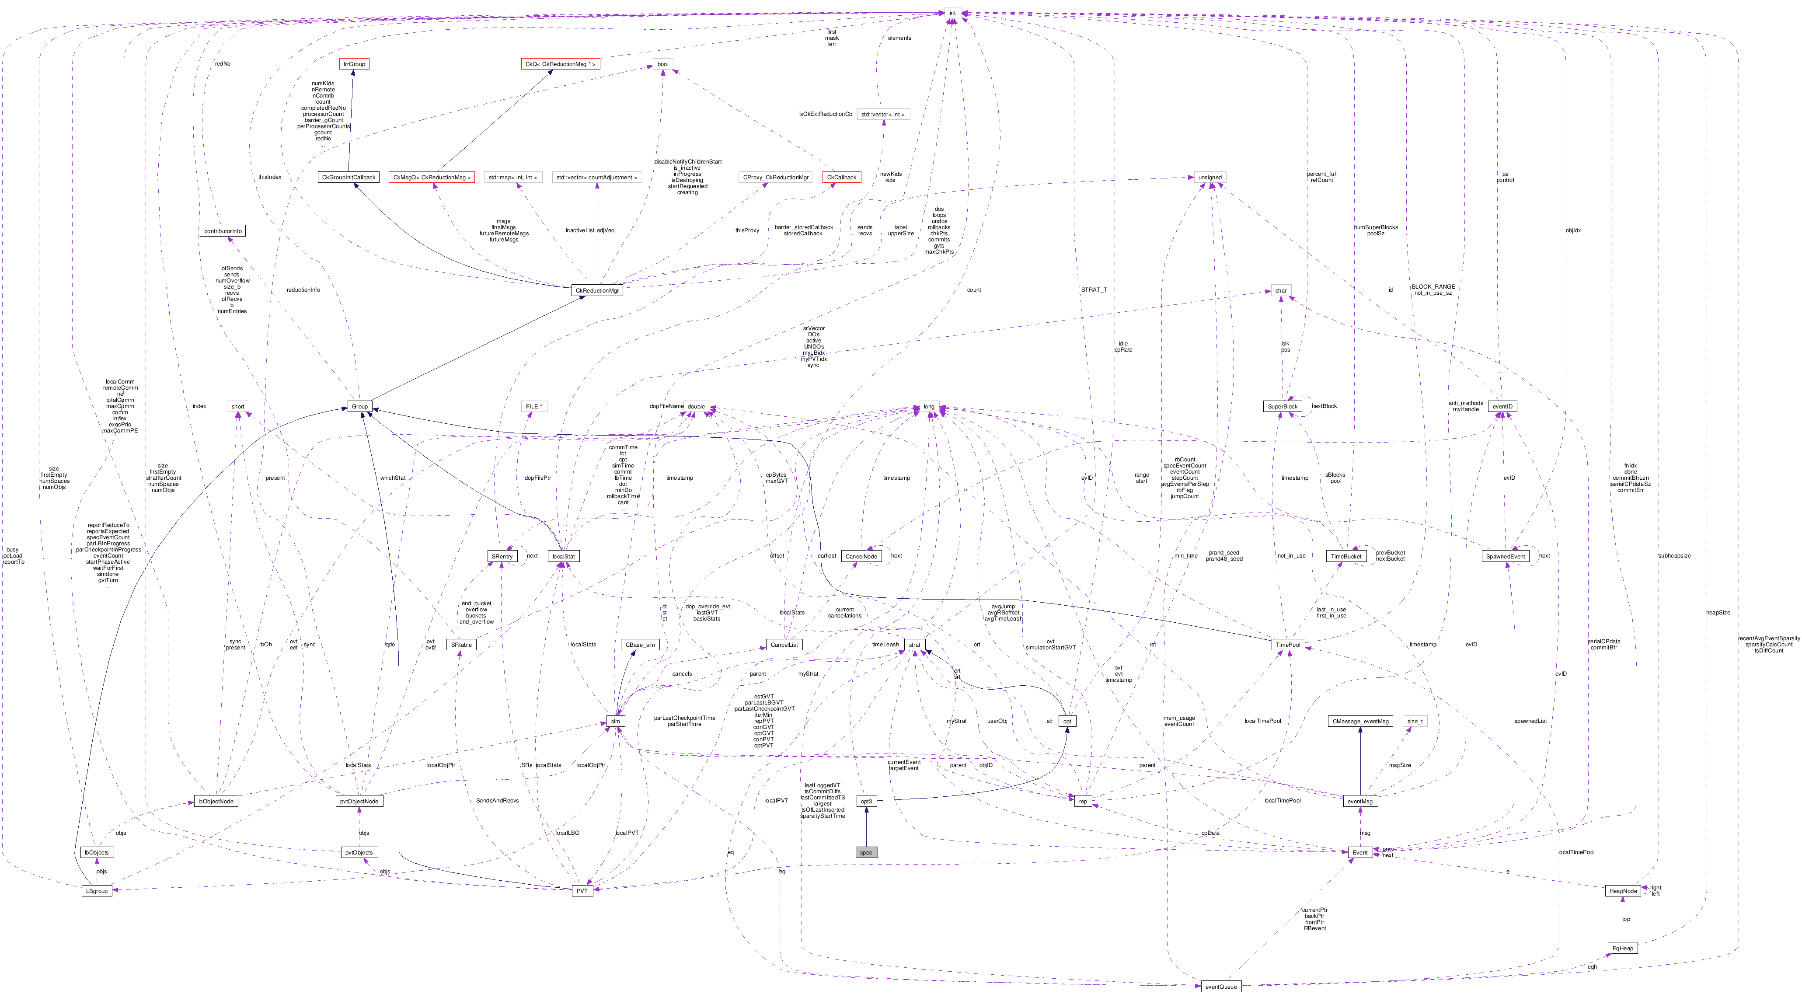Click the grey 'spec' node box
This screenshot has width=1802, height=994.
coord(866,852)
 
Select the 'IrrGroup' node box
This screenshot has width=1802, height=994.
coord(353,64)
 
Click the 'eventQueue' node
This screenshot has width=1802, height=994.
coord(1221,986)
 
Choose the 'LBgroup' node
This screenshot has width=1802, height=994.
coord(97,890)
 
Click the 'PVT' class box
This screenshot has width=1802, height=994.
coord(582,890)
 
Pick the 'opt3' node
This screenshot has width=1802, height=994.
coord(866,801)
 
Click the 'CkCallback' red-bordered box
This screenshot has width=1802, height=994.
coord(842,178)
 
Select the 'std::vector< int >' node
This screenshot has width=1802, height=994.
coord(883,114)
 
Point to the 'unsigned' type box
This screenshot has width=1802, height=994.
coord(1209,178)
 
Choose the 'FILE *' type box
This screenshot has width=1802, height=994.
coord(534,406)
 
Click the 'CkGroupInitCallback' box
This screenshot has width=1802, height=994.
coord(349,178)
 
